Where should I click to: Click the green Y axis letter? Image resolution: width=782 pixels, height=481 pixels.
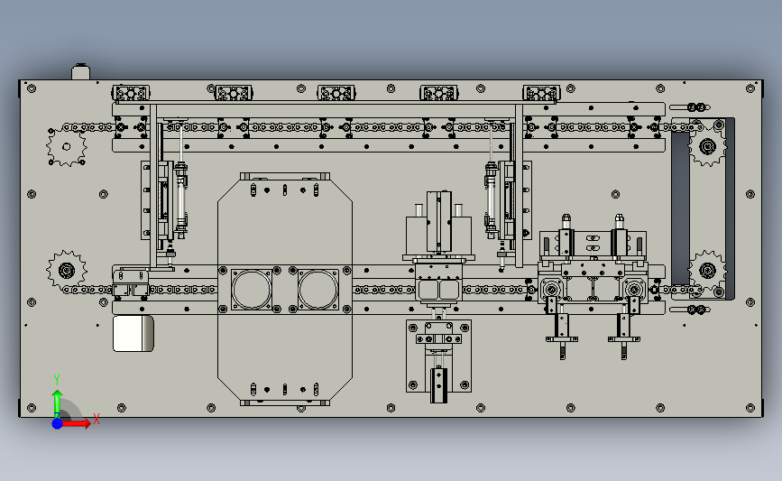pos(56,380)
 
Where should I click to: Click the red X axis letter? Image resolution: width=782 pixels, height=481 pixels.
pos(97,419)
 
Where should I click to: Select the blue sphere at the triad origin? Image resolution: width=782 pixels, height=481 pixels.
pos(58,423)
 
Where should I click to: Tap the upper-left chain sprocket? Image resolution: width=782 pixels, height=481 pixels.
pos(67,146)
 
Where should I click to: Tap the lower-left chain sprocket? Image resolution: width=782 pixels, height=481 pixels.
pos(67,271)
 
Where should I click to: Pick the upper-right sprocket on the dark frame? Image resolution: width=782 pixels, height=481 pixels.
pos(707,147)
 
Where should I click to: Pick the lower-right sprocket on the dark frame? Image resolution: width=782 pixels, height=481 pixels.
pos(707,271)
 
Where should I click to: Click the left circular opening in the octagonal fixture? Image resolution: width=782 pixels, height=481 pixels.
pos(252,290)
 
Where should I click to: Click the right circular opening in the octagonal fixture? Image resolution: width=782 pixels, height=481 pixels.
pos(318,290)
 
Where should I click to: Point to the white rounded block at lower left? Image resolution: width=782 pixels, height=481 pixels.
pos(133,333)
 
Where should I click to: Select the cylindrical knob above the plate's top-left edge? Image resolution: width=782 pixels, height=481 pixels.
pos(80,71)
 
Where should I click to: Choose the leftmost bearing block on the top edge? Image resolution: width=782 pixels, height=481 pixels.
pos(131,93)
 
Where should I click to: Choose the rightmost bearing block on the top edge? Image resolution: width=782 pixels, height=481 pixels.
pos(541,93)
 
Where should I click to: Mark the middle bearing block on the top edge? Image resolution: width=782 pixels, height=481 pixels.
pos(336,93)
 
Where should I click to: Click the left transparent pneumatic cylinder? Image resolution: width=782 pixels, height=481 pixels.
pos(180,199)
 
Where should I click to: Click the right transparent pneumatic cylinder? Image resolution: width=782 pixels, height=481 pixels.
pos(491,199)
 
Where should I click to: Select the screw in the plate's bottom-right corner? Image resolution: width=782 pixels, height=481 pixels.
pos(750,408)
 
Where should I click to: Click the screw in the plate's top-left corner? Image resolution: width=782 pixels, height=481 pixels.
pos(32,88)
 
